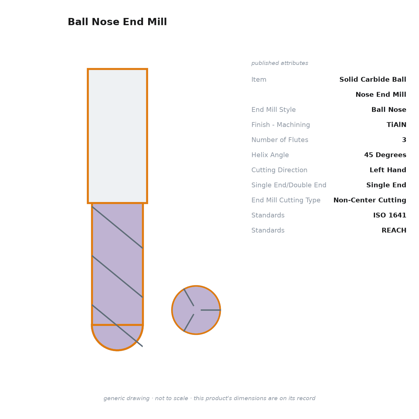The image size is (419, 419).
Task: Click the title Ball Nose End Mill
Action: point(117,22)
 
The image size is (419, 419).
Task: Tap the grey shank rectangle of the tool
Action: point(117,136)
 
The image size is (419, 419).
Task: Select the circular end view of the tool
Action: point(196,310)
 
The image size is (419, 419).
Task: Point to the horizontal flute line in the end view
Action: point(211,310)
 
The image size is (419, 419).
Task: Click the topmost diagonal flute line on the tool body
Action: point(117,227)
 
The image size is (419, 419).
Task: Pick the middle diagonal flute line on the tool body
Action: point(117,277)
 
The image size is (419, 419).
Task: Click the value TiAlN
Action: point(396,125)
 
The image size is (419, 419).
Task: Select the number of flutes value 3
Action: point(404,140)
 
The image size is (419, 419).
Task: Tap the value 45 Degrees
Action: point(385,155)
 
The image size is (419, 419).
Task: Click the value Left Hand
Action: point(388,170)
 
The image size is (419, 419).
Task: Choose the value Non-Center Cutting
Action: point(370,200)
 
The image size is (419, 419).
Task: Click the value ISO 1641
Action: point(390,215)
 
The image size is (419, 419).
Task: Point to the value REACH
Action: point(394,230)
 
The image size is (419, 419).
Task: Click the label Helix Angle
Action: point(270,155)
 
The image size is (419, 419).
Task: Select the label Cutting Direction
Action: point(279,170)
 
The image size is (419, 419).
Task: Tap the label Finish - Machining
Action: point(280,125)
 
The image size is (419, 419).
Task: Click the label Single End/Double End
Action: point(289,185)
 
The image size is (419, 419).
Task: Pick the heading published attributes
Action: point(280,63)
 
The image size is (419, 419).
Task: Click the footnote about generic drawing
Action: point(209,398)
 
